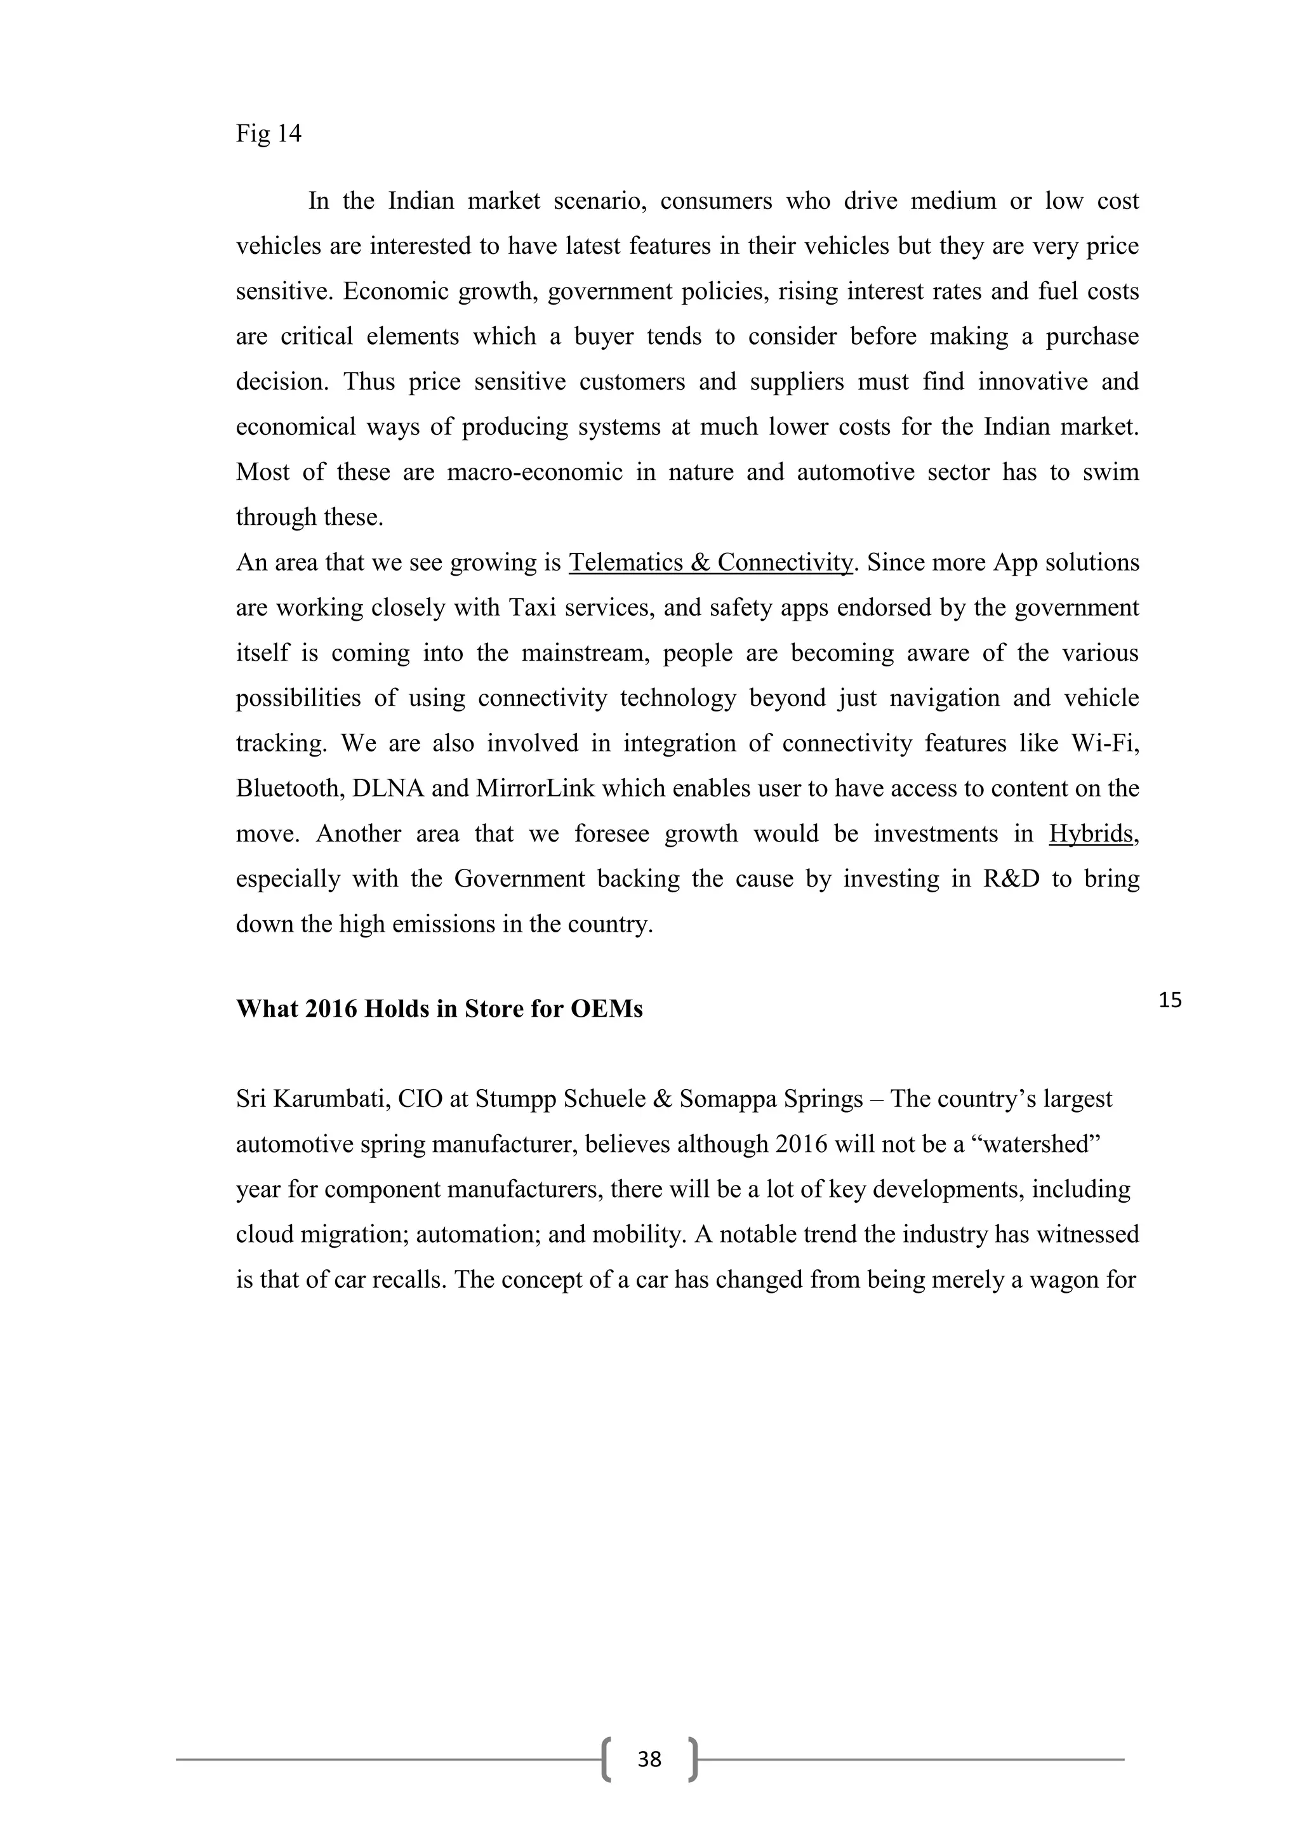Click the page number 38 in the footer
[649, 1759]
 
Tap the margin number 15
[1169, 1000]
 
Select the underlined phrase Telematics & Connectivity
[711, 563]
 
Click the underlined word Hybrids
[1091, 834]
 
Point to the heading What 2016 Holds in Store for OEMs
[439, 1008]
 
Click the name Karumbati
[331, 1099]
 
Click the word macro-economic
[534, 472]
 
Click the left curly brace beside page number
[607, 1759]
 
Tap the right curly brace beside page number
[693, 1759]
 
